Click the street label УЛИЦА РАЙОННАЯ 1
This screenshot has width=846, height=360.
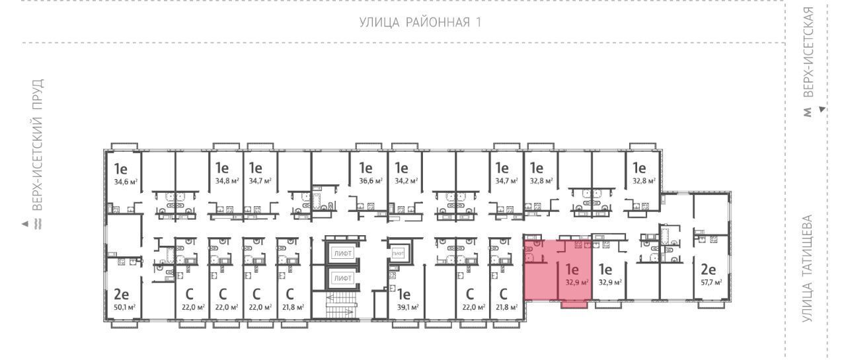pyautogui.click(x=420, y=22)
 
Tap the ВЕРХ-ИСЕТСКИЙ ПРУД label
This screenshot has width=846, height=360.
pyautogui.click(x=38, y=145)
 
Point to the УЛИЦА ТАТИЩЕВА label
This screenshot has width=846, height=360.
pyautogui.click(x=807, y=269)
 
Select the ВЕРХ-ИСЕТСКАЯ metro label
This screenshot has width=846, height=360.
pyautogui.click(x=808, y=52)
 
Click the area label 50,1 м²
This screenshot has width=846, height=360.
pyautogui.click(x=125, y=307)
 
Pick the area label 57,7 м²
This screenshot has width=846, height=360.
pyautogui.click(x=712, y=282)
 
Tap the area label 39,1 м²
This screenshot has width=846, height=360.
pyautogui.click(x=407, y=307)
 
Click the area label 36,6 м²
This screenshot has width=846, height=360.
pyautogui.click(x=371, y=181)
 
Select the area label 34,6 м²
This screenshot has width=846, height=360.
pyautogui.click(x=126, y=182)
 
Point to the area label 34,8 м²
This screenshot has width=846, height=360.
pyautogui.click(x=227, y=181)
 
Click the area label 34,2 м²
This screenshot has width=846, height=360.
pyautogui.click(x=406, y=181)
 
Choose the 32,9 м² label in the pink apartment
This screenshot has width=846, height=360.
pyautogui.click(x=577, y=282)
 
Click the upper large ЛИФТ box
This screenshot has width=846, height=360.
pyautogui.click(x=343, y=253)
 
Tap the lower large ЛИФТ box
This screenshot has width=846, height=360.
pyautogui.click(x=343, y=278)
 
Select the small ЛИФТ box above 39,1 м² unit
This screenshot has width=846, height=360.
pyautogui.click(x=398, y=253)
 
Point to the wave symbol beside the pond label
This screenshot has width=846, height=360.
pyautogui.click(x=38, y=224)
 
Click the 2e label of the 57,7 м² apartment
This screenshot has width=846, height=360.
pyautogui.click(x=709, y=270)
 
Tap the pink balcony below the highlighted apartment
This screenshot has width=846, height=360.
pyautogui.click(x=574, y=305)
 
